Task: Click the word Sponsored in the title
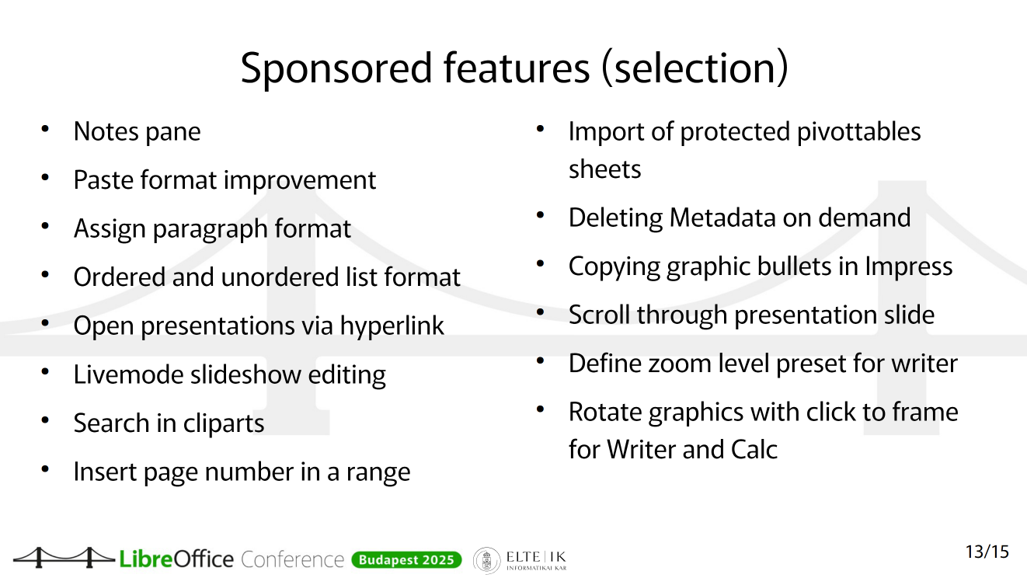[336, 69]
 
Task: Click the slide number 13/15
[987, 552]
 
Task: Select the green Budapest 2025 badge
[406, 559]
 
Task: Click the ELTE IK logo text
[536, 560]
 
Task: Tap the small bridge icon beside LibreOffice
[64, 557]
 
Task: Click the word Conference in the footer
[292, 559]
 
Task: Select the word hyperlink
[392, 326]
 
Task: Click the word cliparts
[224, 423]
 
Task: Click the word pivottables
[858, 131]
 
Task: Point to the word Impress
[909, 266]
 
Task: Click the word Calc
[754, 450]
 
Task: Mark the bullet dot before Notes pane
[45, 128]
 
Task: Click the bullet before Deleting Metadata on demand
[540, 214]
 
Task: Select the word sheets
[604, 169]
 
